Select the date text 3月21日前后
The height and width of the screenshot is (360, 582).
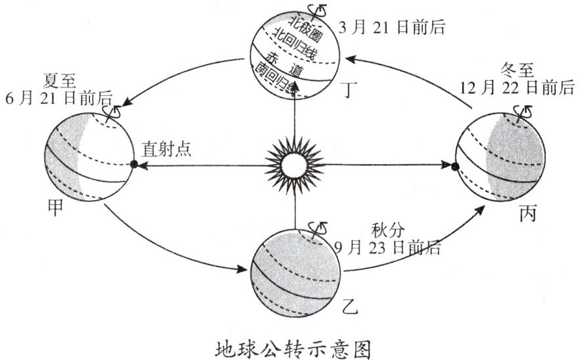(x=393, y=28)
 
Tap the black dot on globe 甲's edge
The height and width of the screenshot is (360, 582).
(x=133, y=164)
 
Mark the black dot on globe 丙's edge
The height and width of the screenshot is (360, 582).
(x=455, y=167)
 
